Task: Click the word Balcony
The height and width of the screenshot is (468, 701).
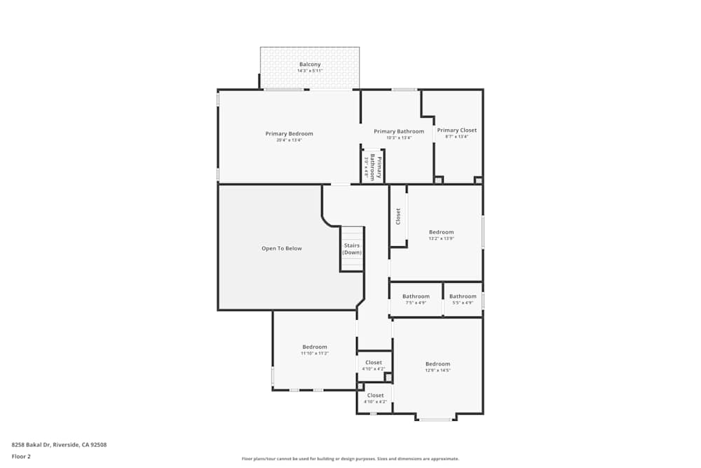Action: click(x=310, y=65)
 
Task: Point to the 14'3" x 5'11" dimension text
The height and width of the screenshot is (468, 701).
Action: click(x=310, y=71)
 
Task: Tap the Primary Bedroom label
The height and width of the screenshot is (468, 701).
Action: click(x=289, y=133)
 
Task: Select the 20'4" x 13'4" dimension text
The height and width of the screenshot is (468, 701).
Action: click(x=289, y=140)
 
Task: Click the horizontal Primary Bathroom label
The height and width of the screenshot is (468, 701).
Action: click(x=399, y=131)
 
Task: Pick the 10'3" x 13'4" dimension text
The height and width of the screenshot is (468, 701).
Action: click(x=399, y=138)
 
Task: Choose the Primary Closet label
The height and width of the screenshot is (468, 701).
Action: click(x=457, y=130)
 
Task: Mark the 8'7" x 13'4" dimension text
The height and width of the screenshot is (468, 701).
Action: click(x=457, y=137)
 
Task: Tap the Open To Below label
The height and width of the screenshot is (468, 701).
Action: click(x=282, y=248)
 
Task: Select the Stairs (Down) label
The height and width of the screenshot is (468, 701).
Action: click(x=352, y=249)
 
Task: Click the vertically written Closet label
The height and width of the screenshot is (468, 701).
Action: click(x=398, y=216)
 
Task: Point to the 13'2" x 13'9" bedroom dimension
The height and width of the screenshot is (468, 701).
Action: click(x=442, y=239)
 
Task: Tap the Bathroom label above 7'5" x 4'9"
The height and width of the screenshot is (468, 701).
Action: click(x=416, y=296)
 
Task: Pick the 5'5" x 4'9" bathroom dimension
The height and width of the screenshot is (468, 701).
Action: click(x=463, y=303)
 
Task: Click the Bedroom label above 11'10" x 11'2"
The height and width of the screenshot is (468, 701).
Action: click(x=315, y=347)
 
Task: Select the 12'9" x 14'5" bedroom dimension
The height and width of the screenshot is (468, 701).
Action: click(x=437, y=370)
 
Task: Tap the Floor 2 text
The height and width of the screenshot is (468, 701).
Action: click(x=21, y=456)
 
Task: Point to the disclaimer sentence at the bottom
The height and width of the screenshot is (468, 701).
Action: click(x=350, y=459)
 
